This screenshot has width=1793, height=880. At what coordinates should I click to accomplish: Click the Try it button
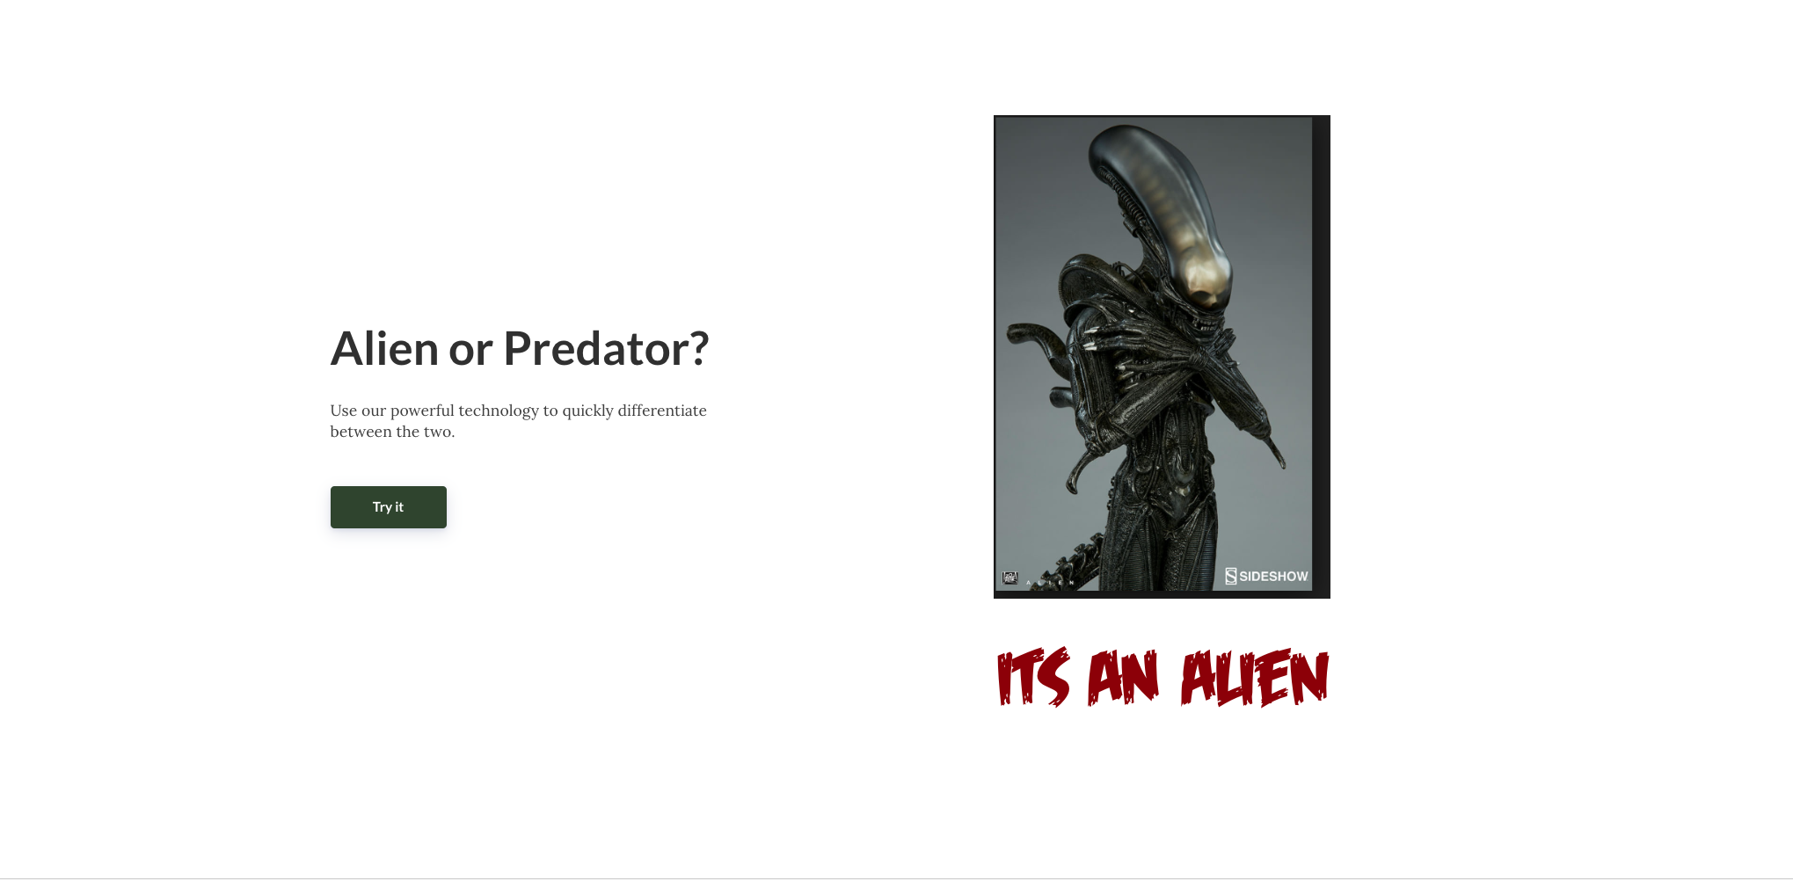coord(388,507)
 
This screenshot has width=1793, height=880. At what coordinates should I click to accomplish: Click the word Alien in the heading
coord(384,348)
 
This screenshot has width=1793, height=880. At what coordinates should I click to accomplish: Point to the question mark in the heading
coord(699,348)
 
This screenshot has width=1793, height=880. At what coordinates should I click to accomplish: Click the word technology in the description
coord(499,411)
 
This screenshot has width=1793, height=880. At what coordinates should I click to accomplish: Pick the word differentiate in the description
coord(662,411)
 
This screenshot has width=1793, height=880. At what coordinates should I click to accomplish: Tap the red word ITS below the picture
coord(1033,677)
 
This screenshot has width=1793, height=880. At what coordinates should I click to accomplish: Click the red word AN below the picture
coord(1123,677)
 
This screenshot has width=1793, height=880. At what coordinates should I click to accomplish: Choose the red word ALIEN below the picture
coord(1255,677)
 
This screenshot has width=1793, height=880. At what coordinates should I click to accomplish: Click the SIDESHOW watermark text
coord(1273,577)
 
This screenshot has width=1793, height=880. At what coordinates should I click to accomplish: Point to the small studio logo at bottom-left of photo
coord(1009,578)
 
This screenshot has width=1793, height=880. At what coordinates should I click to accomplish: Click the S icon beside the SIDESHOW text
coord(1231,577)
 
